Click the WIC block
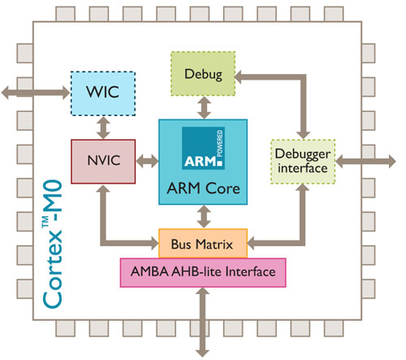tap(103, 93)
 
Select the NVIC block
tap(103, 162)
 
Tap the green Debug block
tap(203, 74)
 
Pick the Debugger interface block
tap(303, 162)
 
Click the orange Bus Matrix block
tap(203, 243)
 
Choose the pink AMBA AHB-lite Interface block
tap(203, 272)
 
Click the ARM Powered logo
tap(203, 148)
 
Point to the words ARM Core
tap(203, 189)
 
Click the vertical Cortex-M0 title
tap(53, 245)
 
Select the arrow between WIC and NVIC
tap(103, 128)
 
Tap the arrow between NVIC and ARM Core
tap(147, 162)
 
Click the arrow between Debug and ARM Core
tap(204, 108)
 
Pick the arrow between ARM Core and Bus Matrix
tap(204, 217)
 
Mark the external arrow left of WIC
tap(35, 93)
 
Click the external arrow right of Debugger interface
tap(365, 162)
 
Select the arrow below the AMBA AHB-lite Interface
tap(202, 323)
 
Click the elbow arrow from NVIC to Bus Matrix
tap(103, 243)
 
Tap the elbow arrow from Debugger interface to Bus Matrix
tap(303, 243)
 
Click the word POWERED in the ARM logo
tap(220, 144)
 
